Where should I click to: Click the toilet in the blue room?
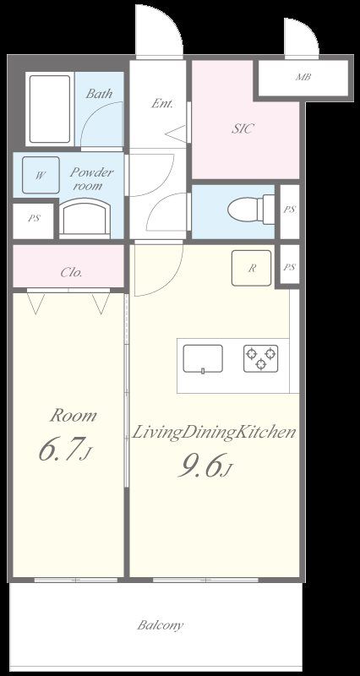pyautogui.click(x=251, y=210)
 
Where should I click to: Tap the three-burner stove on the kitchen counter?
pyautogui.click(x=261, y=358)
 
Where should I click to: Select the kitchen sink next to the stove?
pyautogui.click(x=203, y=358)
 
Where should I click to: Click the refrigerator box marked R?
pyautogui.click(x=251, y=268)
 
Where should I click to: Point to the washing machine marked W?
pyautogui.click(x=41, y=175)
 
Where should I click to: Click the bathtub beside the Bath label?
pyautogui.click(x=50, y=109)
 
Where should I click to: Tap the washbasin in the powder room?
pyautogui.click(x=85, y=219)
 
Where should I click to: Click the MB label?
pyautogui.click(x=303, y=78)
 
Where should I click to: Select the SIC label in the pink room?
pyautogui.click(x=243, y=128)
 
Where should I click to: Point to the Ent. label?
pyautogui.click(x=162, y=103)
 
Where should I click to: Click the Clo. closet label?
pyautogui.click(x=71, y=272)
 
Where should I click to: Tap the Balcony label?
pyautogui.click(x=161, y=625)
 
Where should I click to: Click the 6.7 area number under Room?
pyautogui.click(x=65, y=451)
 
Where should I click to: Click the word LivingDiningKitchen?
pyautogui.click(x=214, y=433)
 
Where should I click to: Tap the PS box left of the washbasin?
pyautogui.click(x=34, y=219)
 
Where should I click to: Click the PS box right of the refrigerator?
pyautogui.click(x=290, y=267)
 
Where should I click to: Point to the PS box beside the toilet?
pyautogui.click(x=290, y=210)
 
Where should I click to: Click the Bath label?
pyautogui.click(x=99, y=94)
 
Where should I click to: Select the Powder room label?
pyautogui.click(x=91, y=179)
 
